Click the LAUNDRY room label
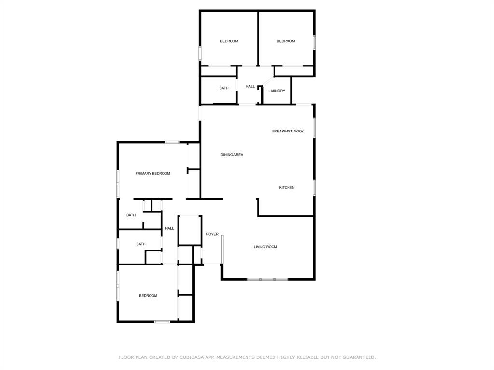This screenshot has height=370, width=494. [x=276, y=91]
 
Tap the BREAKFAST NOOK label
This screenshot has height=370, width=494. [x=288, y=131]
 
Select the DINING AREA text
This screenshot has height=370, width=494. [x=232, y=155]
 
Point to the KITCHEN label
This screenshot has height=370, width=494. [x=287, y=187]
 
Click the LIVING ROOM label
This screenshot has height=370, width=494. [x=265, y=247]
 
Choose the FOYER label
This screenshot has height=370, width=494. [x=212, y=234]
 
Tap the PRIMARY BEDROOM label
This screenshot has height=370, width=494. [x=152, y=173]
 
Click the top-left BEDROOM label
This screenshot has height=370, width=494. [x=229, y=41]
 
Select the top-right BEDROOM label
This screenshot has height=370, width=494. [x=286, y=41]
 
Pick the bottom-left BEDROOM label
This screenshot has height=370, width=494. [x=148, y=296]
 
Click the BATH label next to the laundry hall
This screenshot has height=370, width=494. [x=224, y=88]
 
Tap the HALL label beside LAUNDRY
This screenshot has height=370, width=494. [x=250, y=86]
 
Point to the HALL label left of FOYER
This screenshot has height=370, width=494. [x=169, y=228]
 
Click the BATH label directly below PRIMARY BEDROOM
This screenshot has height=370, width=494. [x=131, y=215]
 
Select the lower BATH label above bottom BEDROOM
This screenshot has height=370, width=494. [x=141, y=244]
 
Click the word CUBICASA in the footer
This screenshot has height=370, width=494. [x=190, y=357]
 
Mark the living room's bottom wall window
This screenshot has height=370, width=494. [x=267, y=279]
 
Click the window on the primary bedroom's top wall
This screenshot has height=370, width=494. [x=172, y=142]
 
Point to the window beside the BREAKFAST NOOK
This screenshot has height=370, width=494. [x=314, y=128]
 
